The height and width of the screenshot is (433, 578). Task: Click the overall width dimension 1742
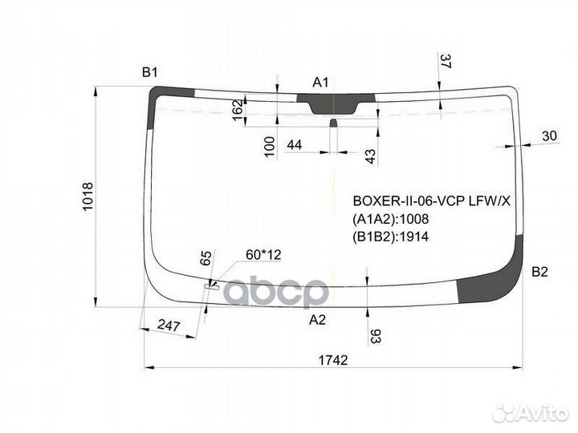333,360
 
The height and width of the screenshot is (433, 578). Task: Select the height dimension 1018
88,196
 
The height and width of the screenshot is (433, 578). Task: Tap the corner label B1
149,72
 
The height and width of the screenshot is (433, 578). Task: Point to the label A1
320,83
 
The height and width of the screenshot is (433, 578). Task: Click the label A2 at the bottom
317,320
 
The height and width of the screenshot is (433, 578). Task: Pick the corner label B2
539,272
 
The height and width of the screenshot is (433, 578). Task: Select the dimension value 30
549,136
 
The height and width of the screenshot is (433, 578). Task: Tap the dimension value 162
238,110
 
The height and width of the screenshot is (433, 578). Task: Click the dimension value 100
270,147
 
